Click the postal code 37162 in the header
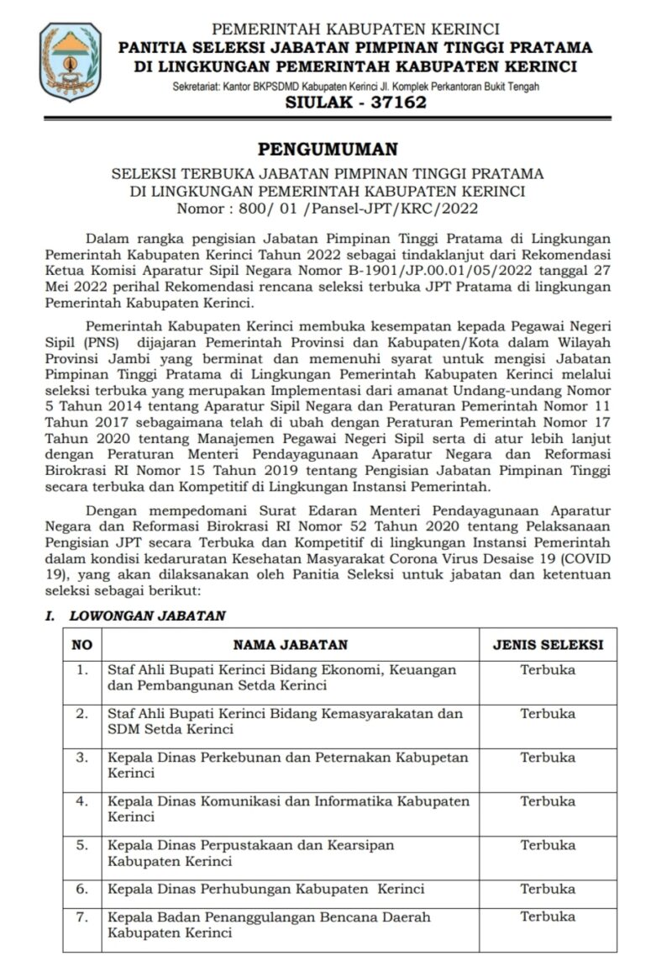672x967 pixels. [397, 103]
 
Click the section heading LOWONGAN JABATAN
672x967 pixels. [147, 616]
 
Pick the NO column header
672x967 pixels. [81, 645]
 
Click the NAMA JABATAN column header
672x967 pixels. [290, 645]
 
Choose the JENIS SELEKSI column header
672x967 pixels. [548, 645]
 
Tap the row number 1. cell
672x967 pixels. [81, 670]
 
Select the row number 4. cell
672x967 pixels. [81, 801]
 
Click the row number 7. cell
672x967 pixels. [81, 916]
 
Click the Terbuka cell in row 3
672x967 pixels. [548, 758]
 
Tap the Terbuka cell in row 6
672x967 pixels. [548, 889]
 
